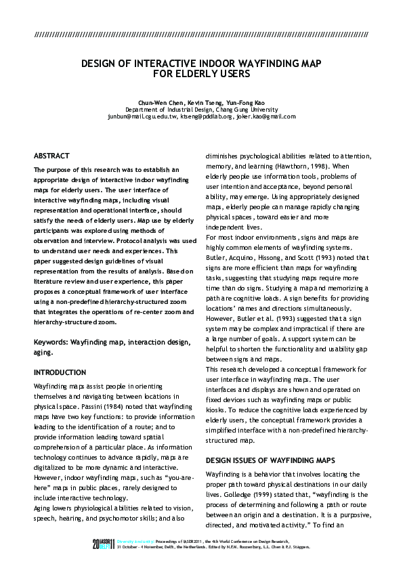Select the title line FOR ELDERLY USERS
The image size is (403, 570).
(201, 73)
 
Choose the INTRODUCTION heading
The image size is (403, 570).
(60, 372)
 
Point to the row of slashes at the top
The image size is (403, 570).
(201, 33)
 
